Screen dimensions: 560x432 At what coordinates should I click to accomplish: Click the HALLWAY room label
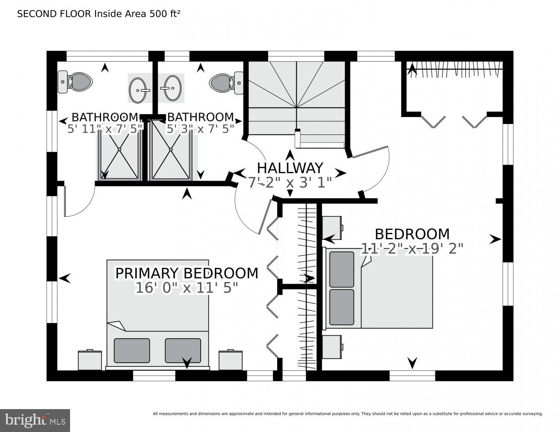pyautogui.click(x=290, y=168)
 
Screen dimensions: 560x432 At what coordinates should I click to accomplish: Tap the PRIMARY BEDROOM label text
pyautogui.click(x=186, y=273)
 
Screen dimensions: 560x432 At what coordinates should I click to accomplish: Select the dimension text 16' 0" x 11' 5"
pyautogui.click(x=186, y=288)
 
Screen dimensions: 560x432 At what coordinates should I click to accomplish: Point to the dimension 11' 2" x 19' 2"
pyautogui.click(x=413, y=249)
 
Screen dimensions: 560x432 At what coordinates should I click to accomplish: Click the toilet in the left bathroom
pyautogui.click(x=75, y=82)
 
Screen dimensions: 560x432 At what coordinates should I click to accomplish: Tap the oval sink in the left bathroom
pyautogui.click(x=140, y=88)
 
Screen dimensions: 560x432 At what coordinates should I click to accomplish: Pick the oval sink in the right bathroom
pyautogui.click(x=171, y=88)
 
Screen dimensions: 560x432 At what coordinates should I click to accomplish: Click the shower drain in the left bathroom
pyautogui.click(x=119, y=149)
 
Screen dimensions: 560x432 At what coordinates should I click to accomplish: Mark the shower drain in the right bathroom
pyautogui.click(x=171, y=149)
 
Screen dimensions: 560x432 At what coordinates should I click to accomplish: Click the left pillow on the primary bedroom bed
pyautogui.click(x=132, y=350)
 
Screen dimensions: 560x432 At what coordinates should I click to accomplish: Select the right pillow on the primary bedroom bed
pyautogui.click(x=183, y=350)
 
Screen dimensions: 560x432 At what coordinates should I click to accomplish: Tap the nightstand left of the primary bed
pyautogui.click(x=90, y=360)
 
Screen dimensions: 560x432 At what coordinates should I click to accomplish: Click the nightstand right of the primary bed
pyautogui.click(x=230, y=360)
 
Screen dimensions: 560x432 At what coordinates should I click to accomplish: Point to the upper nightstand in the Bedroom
pyautogui.click(x=333, y=228)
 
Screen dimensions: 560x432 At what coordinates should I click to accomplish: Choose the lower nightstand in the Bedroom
pyautogui.click(x=333, y=347)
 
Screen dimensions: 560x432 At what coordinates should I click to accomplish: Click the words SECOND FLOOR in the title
pyautogui.click(x=54, y=14)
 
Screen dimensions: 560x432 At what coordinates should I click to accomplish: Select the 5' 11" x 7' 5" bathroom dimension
pyautogui.click(x=105, y=128)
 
